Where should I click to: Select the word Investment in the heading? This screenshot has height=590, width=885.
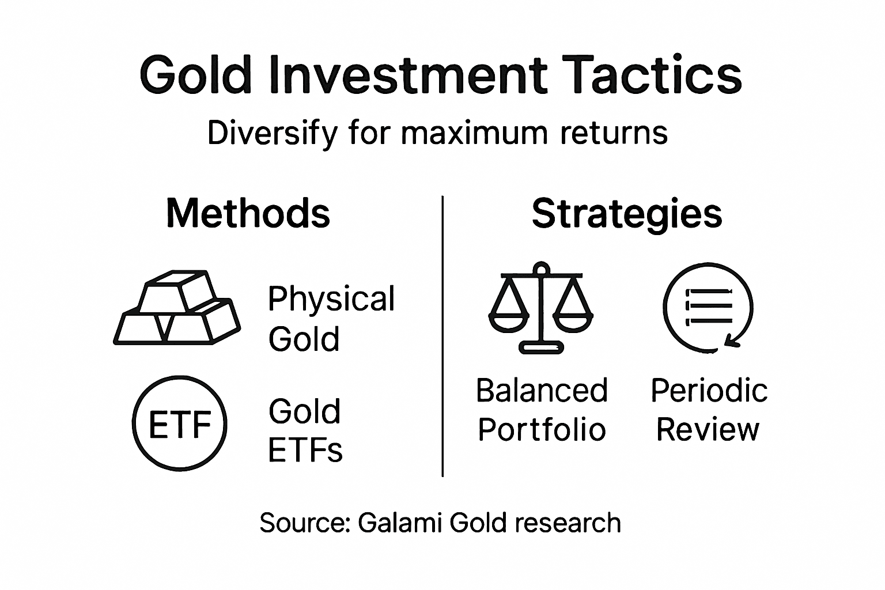point(406,75)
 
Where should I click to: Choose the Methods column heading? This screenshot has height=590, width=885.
point(248,213)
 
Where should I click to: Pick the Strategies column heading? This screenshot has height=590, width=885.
point(626,214)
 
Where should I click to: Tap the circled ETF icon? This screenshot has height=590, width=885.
point(180,424)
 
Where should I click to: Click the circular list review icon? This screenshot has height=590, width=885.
point(708,309)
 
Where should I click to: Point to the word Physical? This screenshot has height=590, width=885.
point(331,300)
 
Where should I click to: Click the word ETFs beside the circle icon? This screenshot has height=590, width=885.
point(305,450)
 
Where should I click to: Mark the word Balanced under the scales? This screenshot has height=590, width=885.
point(542,391)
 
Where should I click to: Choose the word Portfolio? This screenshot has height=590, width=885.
point(542,429)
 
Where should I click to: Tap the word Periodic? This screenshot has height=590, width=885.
point(709,391)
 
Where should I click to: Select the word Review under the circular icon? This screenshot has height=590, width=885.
point(708,429)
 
